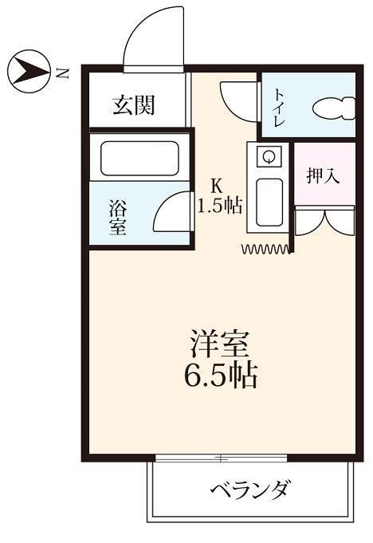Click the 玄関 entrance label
[x=133, y=104]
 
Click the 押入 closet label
[x=324, y=175]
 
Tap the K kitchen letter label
[x=215, y=183]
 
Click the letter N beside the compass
[x=63, y=74]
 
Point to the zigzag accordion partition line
[x=266, y=250]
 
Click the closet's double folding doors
[x=324, y=222]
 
